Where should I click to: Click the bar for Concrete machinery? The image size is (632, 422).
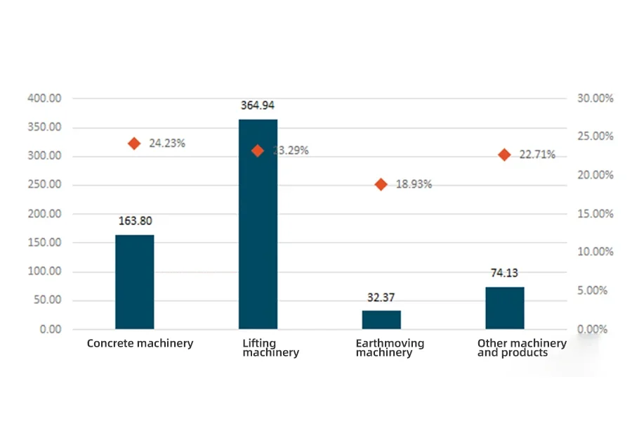(134, 282)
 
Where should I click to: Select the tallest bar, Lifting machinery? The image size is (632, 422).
(258, 224)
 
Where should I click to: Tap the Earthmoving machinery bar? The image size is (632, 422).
(381, 320)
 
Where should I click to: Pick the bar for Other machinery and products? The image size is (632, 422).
(504, 308)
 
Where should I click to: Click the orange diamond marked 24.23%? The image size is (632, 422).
(134, 143)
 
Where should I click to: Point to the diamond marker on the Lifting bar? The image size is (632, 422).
(258, 151)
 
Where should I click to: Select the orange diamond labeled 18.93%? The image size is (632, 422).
(381, 184)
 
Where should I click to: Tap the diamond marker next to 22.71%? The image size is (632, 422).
(504, 155)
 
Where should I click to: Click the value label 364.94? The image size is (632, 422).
(258, 105)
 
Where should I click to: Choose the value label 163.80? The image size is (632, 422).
(135, 221)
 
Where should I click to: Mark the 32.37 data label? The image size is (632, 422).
(381, 298)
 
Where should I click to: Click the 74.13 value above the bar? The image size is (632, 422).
(504, 274)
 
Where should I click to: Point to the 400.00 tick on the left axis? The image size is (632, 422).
(44, 98)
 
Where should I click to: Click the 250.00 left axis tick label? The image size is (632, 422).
(44, 185)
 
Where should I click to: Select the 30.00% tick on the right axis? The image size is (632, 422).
(595, 98)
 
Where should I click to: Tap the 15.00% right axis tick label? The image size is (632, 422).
(595, 214)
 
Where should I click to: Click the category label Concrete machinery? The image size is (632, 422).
(140, 344)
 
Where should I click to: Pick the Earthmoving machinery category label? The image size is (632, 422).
(390, 348)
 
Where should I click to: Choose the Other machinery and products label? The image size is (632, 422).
(522, 348)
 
